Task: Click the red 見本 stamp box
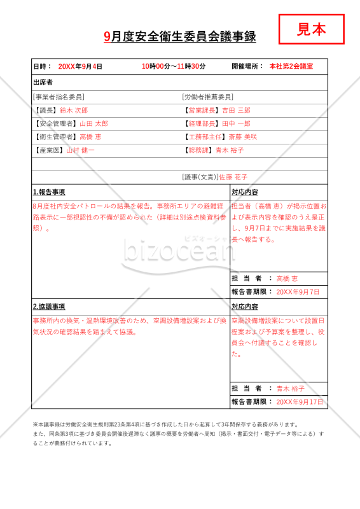[x=312, y=29]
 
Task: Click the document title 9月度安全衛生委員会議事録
[x=180, y=37]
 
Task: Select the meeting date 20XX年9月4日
[x=80, y=66]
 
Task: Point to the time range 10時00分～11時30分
[x=174, y=66]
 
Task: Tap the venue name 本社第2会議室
[x=291, y=66]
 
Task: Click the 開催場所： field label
[x=247, y=66]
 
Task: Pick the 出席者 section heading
[x=43, y=83]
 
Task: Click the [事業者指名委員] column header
[x=59, y=97]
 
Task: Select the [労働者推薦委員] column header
[x=208, y=97]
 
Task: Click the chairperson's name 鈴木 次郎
[x=74, y=111]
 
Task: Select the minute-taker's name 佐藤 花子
[x=233, y=177]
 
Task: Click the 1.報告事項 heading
[x=49, y=192]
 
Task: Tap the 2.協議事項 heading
[x=49, y=307]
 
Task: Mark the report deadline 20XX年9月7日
[x=298, y=292]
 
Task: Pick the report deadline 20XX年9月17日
[x=300, y=402]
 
